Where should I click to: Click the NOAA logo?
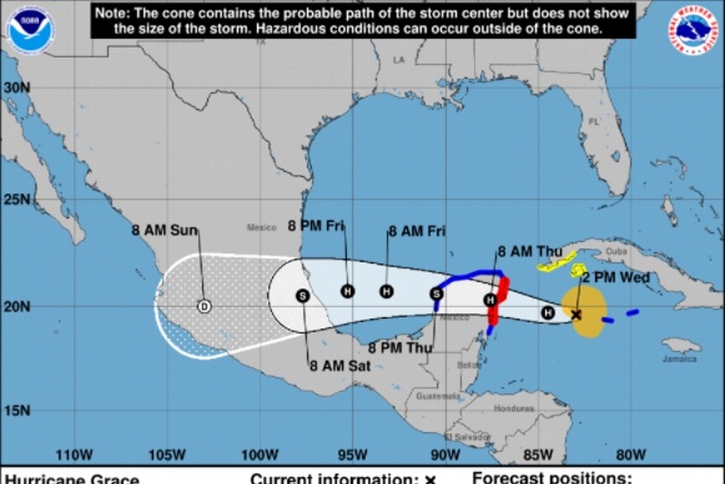click(30, 30)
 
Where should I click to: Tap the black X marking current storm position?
click(576, 315)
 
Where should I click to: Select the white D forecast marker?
click(205, 306)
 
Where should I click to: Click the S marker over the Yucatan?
click(436, 293)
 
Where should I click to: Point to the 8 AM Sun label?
click(164, 230)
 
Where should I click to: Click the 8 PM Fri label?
click(316, 226)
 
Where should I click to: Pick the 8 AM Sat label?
click(340, 366)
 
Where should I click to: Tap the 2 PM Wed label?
click(615, 278)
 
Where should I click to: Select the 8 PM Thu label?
click(399, 348)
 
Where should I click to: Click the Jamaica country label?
click(680, 359)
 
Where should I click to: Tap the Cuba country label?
click(616, 252)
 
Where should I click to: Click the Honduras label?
click(514, 409)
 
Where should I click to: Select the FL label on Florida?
click(593, 121)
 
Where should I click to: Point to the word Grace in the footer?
click(115, 479)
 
